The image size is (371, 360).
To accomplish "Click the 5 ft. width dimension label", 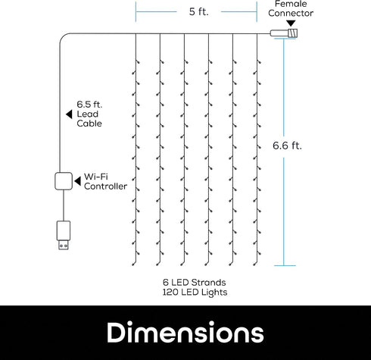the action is click(198, 11).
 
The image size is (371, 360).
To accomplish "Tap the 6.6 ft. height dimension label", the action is click(287, 146).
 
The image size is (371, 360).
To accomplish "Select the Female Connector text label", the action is click(291, 8).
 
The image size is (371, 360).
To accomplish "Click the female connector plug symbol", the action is click(284, 33).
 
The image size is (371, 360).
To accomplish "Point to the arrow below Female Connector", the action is click(291, 23).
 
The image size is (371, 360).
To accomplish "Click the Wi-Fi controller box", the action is click(64, 181).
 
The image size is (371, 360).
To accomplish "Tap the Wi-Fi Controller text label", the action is click(105, 181).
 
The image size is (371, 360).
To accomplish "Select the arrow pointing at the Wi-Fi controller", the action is click(77, 181).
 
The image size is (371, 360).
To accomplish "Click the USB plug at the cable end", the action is click(63, 235).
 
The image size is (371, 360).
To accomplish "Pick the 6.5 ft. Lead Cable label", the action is click(89, 114).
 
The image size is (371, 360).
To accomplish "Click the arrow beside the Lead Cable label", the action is click(69, 114).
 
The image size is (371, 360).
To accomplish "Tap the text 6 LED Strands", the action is click(195, 282).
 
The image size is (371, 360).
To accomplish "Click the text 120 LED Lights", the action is click(195, 292).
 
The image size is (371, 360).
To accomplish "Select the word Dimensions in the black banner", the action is click(185, 333).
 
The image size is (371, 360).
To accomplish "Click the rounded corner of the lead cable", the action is click(62, 36).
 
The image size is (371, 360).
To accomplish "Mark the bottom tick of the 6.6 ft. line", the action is click(285, 265).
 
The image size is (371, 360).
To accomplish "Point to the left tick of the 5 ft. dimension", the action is click(136, 11).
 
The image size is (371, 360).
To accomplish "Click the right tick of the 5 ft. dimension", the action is click(257, 11).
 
